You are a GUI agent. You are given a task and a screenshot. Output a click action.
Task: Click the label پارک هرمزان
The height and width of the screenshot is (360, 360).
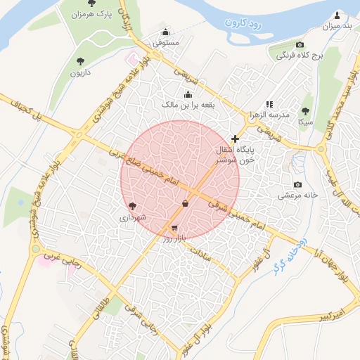[x=92, y=14]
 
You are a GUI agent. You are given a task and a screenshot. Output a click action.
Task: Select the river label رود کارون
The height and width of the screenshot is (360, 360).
[x=243, y=23]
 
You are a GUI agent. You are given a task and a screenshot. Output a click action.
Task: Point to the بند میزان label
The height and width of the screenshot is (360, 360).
[x=336, y=27]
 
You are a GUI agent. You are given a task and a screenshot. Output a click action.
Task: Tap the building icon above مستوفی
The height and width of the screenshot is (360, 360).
[x=165, y=32]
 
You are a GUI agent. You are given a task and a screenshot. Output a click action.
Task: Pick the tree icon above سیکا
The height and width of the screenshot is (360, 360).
[x=305, y=110]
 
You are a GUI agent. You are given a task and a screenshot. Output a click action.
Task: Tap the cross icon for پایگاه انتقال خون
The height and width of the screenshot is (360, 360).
[x=235, y=139]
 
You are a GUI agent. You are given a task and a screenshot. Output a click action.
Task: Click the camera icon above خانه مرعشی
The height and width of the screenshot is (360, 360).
[x=300, y=184]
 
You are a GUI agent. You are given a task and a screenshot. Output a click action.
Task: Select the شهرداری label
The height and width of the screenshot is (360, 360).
[x=133, y=217]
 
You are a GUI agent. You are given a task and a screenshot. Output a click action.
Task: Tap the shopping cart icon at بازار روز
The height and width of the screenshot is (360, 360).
[x=174, y=229]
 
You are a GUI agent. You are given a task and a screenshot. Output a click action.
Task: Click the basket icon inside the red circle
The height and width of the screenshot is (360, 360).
[x=185, y=204]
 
